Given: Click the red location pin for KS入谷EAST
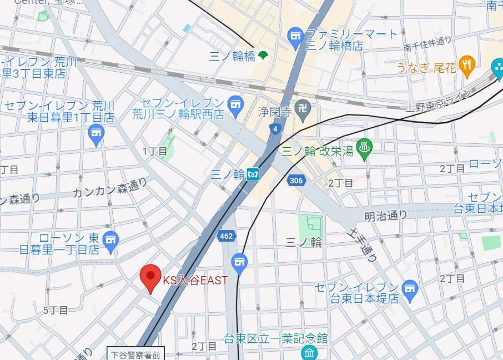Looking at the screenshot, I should point(150,277).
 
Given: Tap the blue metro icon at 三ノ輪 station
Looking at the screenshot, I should point(254,174).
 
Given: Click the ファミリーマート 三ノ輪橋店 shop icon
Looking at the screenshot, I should point(295,37).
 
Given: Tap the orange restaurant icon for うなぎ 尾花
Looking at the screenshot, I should point(467,66).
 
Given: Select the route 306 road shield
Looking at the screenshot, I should point(296,180).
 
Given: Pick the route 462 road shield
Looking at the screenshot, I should point(226,236).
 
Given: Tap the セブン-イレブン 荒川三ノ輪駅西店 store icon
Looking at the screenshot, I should point(236,106).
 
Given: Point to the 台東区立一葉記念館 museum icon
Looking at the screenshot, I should point(309,352).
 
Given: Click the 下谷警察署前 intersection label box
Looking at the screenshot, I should point(135,354).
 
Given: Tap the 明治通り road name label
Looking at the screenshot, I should point(386,216).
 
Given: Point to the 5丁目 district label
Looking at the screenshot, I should point(56,310).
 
